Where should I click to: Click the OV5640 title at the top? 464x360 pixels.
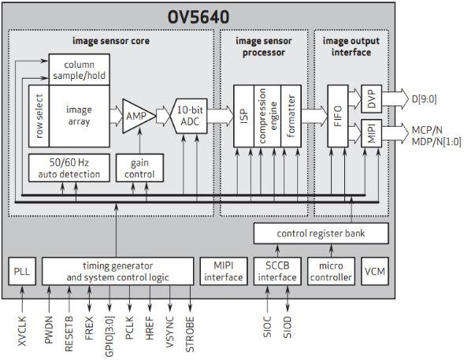(199, 17)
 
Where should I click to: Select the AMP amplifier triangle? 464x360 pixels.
(137, 117)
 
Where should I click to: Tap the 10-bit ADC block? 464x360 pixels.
(189, 116)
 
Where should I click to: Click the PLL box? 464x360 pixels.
(22, 271)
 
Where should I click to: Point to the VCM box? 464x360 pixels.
(375, 271)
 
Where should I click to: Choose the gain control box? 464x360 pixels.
(139, 168)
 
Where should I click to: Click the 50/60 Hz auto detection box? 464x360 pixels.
(69, 168)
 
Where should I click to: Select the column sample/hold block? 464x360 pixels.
(79, 70)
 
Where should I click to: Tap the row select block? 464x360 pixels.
(39, 117)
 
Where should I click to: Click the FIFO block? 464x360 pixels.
(338, 116)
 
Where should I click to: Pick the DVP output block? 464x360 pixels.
(371, 98)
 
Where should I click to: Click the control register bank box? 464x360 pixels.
(321, 233)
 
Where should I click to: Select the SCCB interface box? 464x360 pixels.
(277, 271)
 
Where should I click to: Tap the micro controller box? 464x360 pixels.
(331, 271)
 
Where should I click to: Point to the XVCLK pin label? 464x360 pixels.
(22, 331)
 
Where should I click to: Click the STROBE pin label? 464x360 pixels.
(190, 335)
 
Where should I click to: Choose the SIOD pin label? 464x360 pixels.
(288, 327)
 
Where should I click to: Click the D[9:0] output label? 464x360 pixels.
(424, 98)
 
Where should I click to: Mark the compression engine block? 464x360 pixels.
(267, 116)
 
